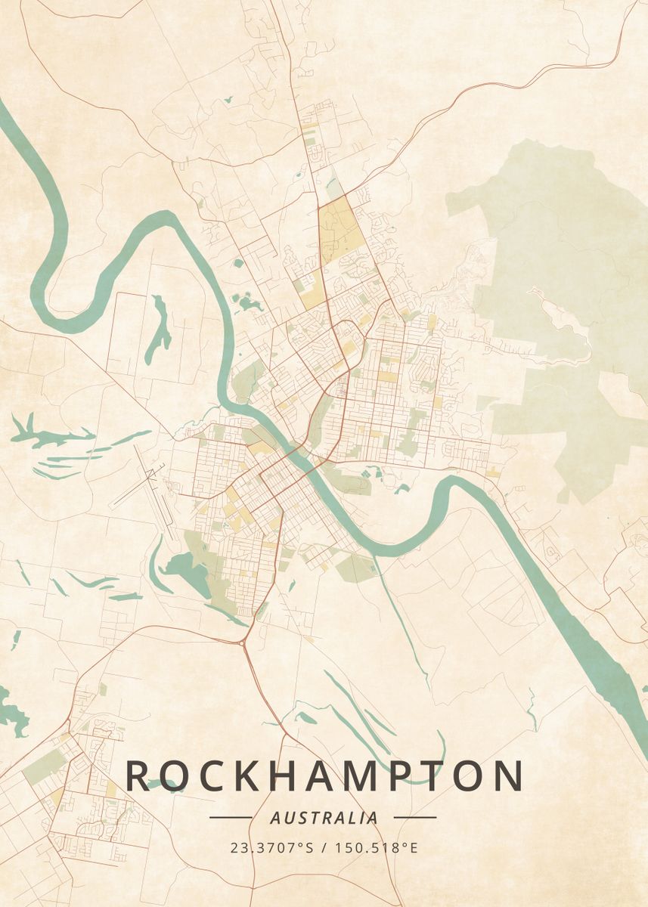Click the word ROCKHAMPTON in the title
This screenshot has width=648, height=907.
324,776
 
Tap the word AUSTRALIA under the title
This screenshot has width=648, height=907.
324,818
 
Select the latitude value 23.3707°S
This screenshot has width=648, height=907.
271,847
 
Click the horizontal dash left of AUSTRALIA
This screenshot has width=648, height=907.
231,817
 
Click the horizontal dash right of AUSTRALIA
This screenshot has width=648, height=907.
415,817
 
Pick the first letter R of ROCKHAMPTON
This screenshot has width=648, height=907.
138,776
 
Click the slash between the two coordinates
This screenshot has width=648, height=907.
324,847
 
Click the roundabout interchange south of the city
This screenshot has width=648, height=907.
243,643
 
